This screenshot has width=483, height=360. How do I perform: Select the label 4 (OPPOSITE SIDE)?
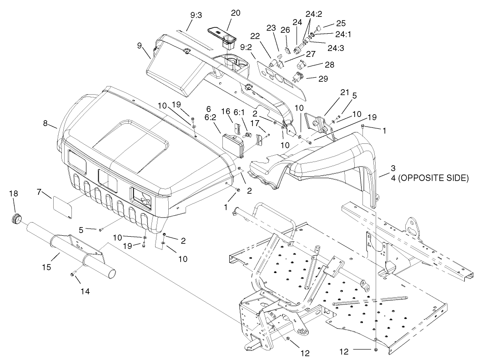(429, 178)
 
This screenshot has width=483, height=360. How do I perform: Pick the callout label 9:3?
(196, 15)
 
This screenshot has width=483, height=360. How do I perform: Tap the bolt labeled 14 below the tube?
(73, 274)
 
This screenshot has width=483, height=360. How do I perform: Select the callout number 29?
(323, 78)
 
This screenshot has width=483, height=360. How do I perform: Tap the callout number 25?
(341, 22)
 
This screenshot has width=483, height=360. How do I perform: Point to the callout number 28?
(329, 65)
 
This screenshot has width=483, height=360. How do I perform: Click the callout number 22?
(255, 36)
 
